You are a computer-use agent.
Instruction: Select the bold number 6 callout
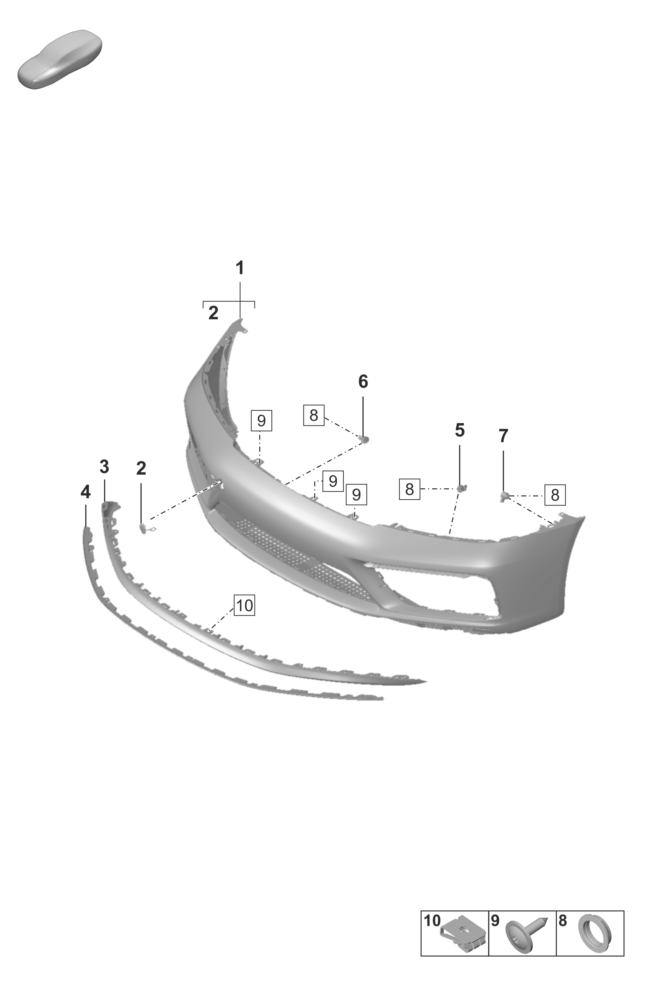363,382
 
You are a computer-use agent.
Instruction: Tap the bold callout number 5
459,430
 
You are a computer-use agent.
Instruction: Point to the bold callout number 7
503,436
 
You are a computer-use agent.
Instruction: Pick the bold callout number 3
104,466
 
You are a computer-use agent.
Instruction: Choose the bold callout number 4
86,491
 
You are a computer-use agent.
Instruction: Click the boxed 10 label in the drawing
245,605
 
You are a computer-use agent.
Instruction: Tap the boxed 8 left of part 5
409,489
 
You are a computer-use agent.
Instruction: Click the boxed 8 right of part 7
555,495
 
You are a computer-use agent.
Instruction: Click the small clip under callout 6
364,439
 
